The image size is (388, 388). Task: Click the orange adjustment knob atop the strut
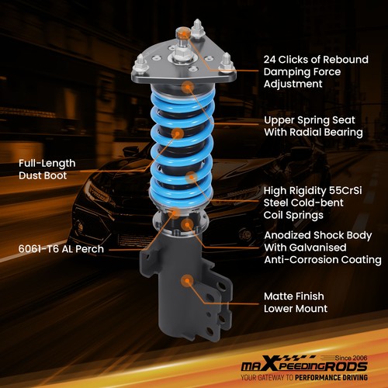coord(184,34)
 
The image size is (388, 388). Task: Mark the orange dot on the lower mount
coord(186,281)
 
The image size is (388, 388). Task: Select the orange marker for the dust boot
coord(178,133)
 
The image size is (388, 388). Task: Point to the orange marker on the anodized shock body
coord(187,225)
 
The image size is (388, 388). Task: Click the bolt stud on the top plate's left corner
coord(145,61)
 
